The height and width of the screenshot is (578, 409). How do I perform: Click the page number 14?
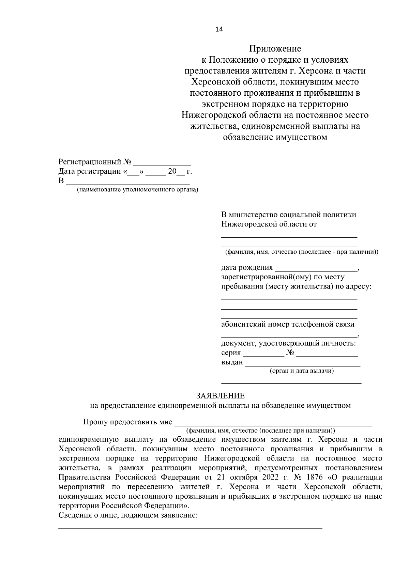click(219, 29)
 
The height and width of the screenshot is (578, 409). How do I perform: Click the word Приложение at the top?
click(275, 49)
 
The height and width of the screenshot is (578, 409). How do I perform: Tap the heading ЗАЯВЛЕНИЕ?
click(220, 396)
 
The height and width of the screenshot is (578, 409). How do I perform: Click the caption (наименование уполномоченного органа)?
click(137, 190)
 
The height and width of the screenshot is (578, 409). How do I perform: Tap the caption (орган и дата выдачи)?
click(302, 371)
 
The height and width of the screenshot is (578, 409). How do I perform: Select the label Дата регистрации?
click(90, 171)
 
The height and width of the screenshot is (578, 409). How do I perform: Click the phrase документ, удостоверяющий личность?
click(289, 343)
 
